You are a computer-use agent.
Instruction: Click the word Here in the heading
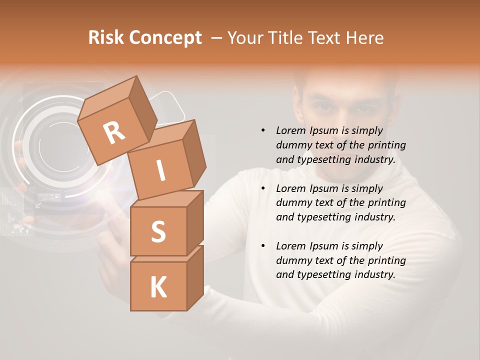pyautogui.click(x=365, y=38)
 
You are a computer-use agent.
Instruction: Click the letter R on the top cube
pyautogui.click(x=114, y=133)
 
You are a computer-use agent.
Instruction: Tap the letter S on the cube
pyautogui.click(x=158, y=231)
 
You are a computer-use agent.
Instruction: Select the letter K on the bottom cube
pyautogui.click(x=158, y=287)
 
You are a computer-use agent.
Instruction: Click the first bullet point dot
pyautogui.click(x=263, y=130)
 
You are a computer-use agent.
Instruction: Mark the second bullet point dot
pyautogui.click(x=263, y=188)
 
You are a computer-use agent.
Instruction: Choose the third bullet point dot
pyautogui.click(x=263, y=246)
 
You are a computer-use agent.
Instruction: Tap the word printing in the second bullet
pyautogui.click(x=386, y=203)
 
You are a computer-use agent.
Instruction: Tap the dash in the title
pyautogui.click(x=217, y=38)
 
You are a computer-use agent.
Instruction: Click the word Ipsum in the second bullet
pyautogui.click(x=324, y=188)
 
